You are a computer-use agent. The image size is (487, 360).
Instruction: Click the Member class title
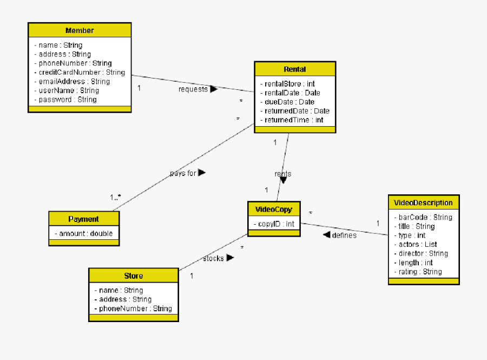click(80, 30)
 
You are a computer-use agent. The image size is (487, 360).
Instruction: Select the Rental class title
click(295, 69)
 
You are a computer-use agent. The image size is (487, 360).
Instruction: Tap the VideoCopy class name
click(274, 210)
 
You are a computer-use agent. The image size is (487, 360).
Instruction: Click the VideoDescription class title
click(423, 203)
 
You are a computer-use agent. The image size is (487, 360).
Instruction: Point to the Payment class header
click(84, 219)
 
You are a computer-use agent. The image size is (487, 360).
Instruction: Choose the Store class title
click(134, 276)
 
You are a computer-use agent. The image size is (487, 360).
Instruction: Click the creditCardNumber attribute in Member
click(79, 73)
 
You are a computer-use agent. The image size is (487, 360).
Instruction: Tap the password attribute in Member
click(65, 100)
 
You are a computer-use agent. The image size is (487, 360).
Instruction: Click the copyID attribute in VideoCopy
click(274, 224)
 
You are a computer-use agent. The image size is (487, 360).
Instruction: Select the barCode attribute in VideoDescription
click(422, 218)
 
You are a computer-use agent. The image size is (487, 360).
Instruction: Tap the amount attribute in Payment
click(84, 233)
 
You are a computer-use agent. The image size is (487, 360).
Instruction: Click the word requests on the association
click(193, 89)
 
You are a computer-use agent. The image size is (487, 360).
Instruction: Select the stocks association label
click(213, 259)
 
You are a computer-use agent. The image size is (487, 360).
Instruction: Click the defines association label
click(344, 235)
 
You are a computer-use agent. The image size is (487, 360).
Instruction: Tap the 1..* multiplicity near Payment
click(116, 198)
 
